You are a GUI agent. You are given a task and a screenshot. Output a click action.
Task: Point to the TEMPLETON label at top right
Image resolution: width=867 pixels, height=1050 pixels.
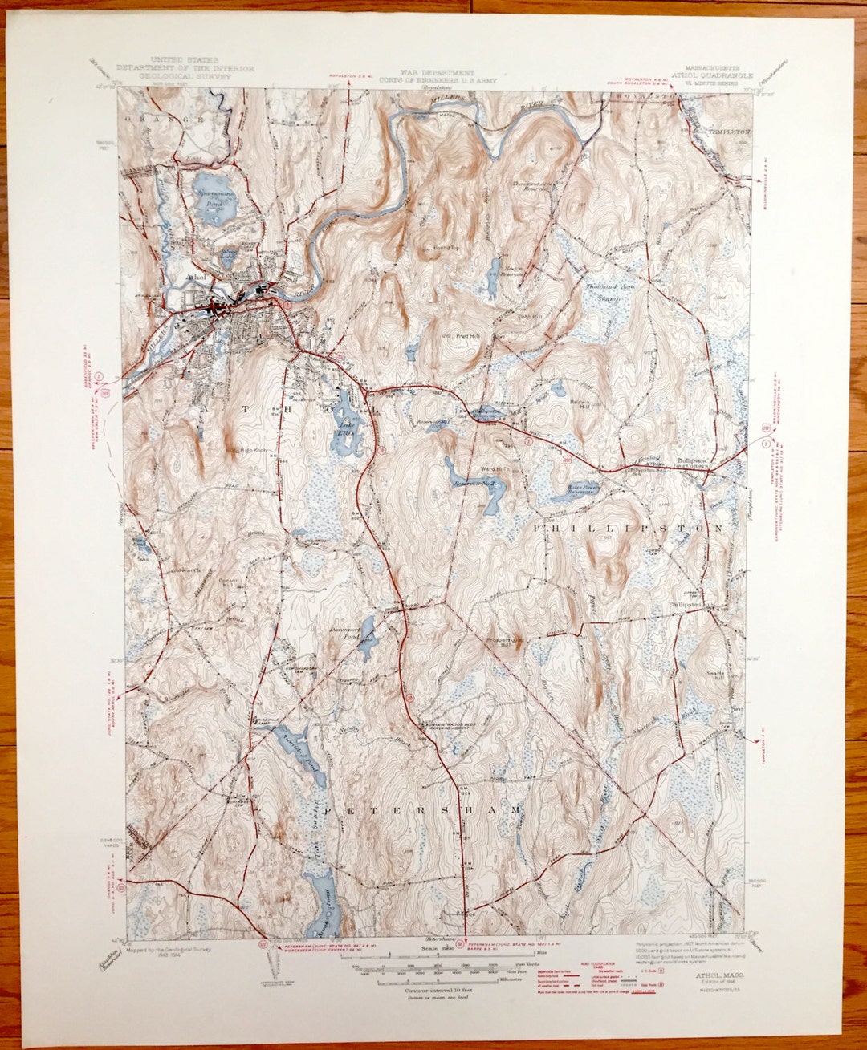point(729,130)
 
